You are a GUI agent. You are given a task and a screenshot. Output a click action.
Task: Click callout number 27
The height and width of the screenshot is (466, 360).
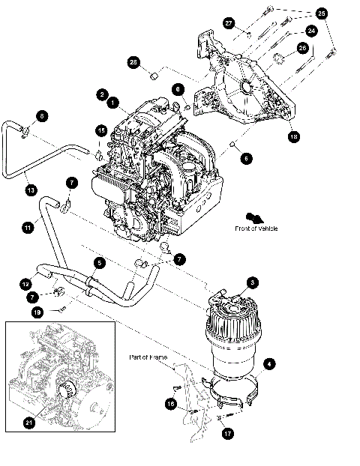tap(229, 23)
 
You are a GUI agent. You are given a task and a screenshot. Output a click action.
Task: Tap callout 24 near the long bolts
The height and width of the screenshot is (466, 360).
tap(310, 31)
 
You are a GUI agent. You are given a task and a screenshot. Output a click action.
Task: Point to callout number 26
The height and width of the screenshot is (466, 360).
tap(302, 47)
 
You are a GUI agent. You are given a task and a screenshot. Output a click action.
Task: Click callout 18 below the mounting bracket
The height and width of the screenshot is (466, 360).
tap(292, 137)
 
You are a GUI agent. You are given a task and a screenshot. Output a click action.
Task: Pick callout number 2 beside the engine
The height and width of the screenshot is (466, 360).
tap(101, 94)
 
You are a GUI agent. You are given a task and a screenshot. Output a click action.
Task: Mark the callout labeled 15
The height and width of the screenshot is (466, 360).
tap(100, 130)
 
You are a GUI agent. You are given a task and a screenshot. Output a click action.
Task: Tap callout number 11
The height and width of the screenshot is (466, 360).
tap(27, 225)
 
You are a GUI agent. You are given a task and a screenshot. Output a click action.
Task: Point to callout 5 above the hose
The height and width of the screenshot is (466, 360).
tap(98, 262)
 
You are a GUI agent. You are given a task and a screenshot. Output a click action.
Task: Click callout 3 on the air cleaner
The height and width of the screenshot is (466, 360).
tap(253, 282)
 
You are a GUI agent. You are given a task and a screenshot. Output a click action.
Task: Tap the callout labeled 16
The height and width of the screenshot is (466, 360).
tap(171, 404)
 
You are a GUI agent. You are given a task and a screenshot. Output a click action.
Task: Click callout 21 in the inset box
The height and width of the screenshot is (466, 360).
tap(28, 423)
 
